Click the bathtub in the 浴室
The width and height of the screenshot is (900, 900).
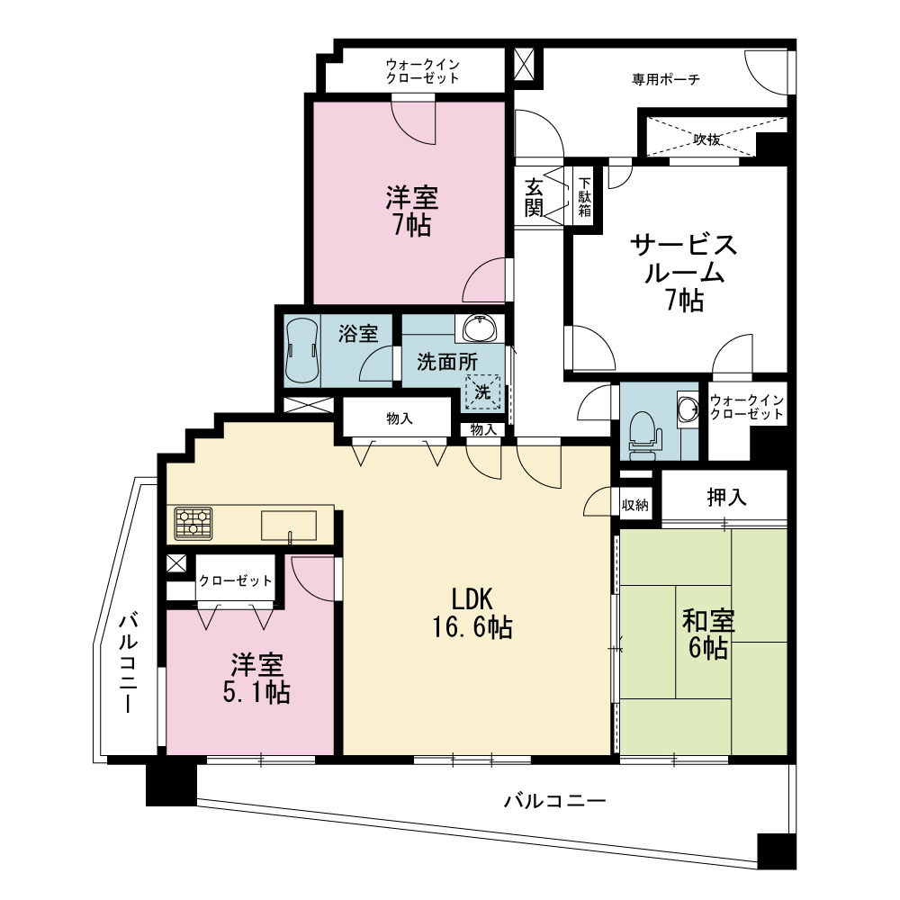(301, 349)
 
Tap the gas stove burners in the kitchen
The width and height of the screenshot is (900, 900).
(193, 524)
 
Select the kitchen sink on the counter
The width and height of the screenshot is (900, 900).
(289, 526)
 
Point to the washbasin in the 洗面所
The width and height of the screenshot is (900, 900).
(480, 329)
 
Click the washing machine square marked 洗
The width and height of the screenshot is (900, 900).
(482, 392)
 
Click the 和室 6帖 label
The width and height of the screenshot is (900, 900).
(708, 634)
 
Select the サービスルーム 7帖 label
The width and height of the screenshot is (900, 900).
(684, 273)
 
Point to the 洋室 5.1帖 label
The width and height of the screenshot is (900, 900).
(256, 679)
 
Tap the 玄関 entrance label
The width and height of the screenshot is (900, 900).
(534, 198)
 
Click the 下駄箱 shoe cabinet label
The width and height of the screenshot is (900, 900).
(584, 197)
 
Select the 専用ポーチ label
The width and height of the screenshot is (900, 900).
(666, 79)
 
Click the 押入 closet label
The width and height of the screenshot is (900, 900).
(726, 497)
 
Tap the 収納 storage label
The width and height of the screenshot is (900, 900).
(635, 505)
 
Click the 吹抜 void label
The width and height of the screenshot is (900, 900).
(707, 139)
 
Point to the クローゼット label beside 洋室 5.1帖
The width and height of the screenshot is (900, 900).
(235, 580)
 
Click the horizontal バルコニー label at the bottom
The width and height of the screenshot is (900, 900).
(554, 800)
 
